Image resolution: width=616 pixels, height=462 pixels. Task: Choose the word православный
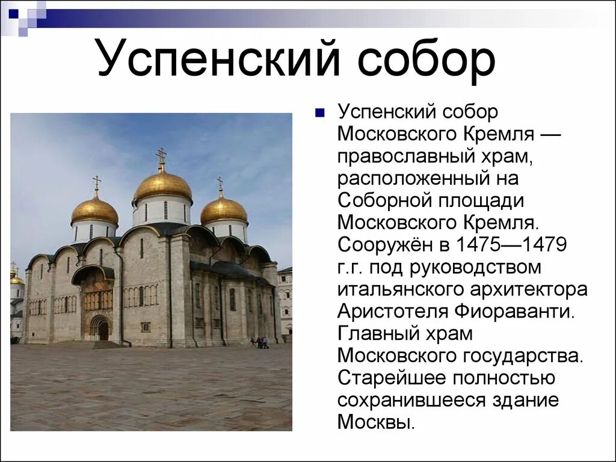point(408,156)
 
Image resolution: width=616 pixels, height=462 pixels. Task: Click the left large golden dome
point(94,211)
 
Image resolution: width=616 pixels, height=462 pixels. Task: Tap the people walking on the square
point(260,342)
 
